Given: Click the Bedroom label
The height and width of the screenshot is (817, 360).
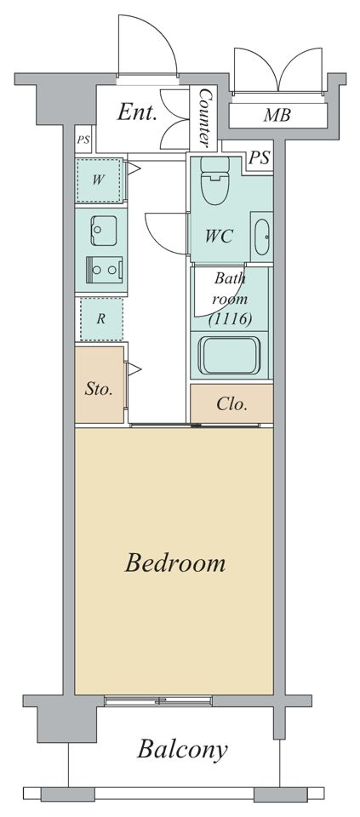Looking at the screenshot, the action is pos(175,563).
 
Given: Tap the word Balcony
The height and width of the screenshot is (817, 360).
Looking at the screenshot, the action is pos(182,751).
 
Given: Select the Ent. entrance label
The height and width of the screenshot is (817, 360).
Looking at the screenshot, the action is pos(137,112).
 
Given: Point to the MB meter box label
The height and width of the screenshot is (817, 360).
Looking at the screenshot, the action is pos(277,115).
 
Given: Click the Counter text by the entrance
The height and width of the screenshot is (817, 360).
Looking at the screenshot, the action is pos(205,117).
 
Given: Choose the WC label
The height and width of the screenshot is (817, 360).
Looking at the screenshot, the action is pos(218,237).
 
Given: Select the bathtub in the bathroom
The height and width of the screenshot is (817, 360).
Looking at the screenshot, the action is pos(230,356).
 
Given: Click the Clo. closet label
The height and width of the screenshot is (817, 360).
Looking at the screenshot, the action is pos(231,404).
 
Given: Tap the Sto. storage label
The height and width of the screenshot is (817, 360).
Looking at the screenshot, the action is pos(99,389).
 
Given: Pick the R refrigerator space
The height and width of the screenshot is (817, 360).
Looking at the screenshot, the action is pos(101,319).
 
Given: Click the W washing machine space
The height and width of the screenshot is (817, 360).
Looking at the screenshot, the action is pos(99,180).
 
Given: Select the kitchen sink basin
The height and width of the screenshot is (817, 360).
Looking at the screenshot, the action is pos(103,231).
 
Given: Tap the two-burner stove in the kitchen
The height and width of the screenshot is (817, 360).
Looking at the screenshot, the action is pos(104,270).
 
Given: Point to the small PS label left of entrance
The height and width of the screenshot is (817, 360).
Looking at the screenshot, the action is pos(83,140).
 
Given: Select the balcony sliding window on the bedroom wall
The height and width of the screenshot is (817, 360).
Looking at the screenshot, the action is pos(158,700).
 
